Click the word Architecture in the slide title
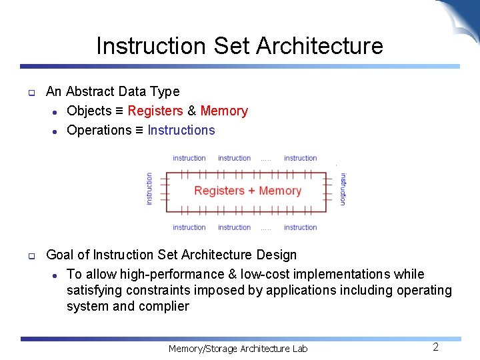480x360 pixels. coord(319,46)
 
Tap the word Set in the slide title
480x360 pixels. coord(231,46)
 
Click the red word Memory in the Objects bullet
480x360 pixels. coord(224,111)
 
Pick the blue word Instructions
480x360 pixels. coord(181,130)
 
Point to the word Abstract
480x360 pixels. coord(90,91)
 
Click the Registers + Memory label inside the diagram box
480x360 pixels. coord(248,191)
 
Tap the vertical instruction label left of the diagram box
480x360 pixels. coord(149,189)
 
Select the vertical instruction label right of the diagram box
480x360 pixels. coord(343,189)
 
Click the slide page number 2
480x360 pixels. coord(435,347)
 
